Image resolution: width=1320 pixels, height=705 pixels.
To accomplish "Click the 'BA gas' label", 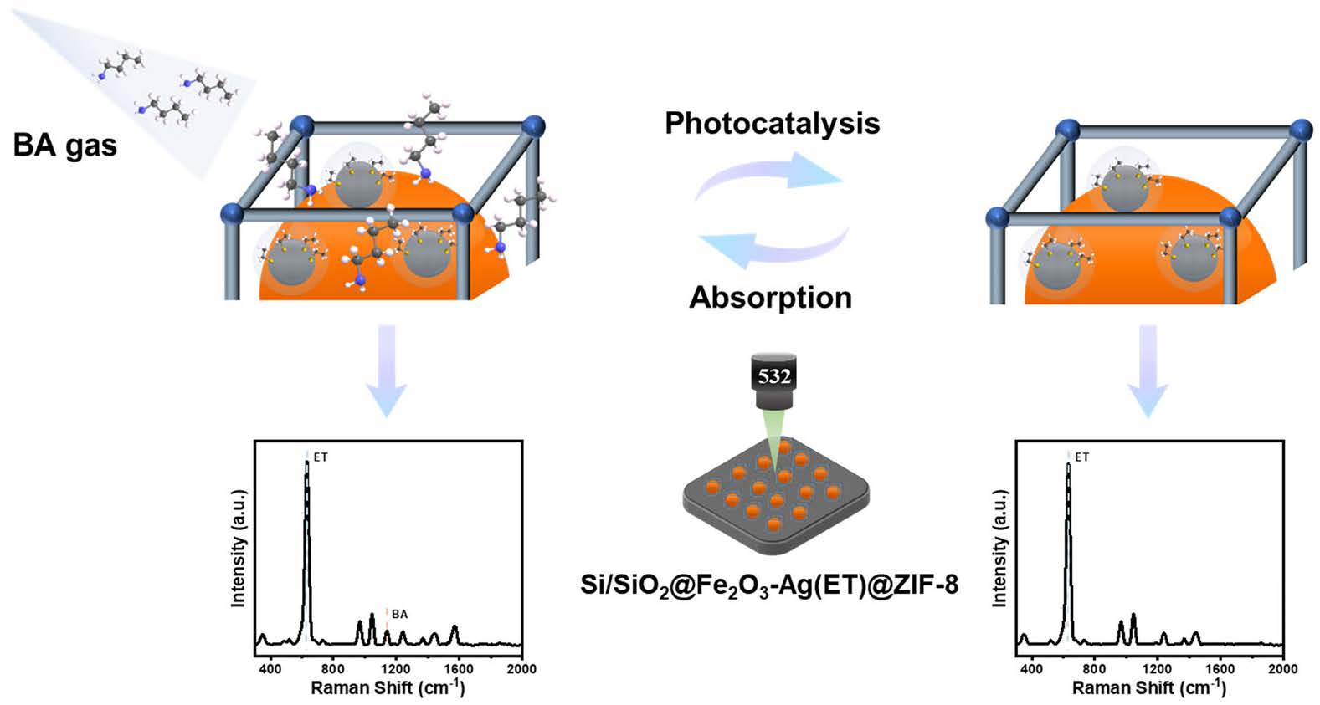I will (64, 146).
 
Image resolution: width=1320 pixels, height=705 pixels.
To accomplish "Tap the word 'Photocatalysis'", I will (772, 124).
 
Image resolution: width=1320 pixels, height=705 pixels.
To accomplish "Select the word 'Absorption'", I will (770, 298).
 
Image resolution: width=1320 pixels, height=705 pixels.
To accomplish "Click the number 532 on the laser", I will (774, 375).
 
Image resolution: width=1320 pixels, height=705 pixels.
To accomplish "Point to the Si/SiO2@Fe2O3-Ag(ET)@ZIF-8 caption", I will (769, 584).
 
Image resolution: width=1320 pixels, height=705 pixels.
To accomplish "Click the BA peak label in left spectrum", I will (399, 614).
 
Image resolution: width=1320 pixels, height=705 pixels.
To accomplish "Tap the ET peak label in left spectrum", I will (321, 457).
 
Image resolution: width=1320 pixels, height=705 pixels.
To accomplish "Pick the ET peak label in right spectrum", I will (1082, 457).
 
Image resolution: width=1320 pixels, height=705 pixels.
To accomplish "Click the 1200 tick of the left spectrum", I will (396, 668).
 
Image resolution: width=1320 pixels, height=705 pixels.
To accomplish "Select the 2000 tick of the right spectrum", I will (1282, 668).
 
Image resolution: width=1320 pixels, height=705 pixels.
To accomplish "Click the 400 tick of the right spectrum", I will (1031, 668).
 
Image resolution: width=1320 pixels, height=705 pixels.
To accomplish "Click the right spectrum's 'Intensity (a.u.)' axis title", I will (999, 548).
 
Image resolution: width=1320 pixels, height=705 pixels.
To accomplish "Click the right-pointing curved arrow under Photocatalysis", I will (770, 176).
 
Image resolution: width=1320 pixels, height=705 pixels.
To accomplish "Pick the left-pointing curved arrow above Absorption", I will (770, 245).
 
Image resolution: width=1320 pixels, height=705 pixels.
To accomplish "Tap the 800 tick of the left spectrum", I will (332, 668).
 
